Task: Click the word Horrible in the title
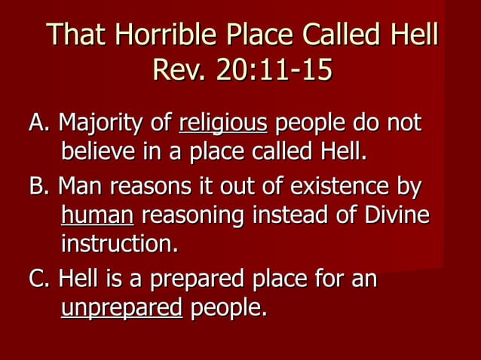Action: (152, 35)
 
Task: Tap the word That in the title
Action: (74, 35)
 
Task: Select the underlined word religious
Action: (223, 123)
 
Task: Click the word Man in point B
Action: (79, 185)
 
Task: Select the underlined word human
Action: (97, 216)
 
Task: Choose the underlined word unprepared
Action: (121, 309)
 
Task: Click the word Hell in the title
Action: (412, 35)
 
